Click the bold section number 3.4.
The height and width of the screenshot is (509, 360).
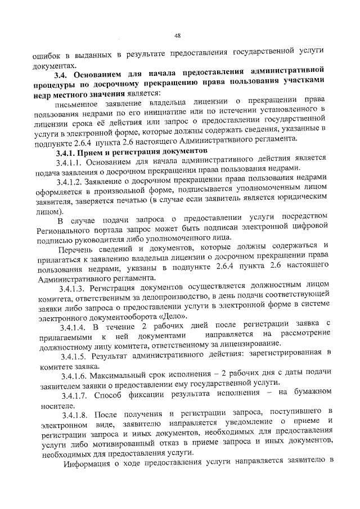click(x=60, y=74)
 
